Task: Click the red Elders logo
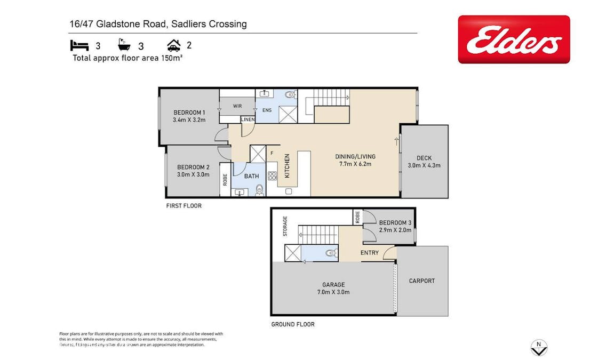pyautogui.click(x=513, y=39)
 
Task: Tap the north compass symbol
pyautogui.click(x=539, y=348)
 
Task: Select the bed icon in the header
pyautogui.click(x=79, y=45)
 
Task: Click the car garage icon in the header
pyautogui.click(x=173, y=45)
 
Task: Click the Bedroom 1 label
pyautogui.click(x=189, y=113)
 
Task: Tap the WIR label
pyautogui.click(x=237, y=106)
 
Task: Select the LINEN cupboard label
pyautogui.click(x=248, y=119)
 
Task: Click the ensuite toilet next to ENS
pyautogui.click(x=290, y=95)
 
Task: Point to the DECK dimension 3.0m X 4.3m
pyautogui.click(x=424, y=165)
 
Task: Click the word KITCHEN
pyautogui.click(x=287, y=166)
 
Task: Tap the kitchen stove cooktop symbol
pyautogui.click(x=272, y=175)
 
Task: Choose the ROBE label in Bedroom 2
pyautogui.click(x=225, y=180)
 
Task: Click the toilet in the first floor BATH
pyautogui.click(x=259, y=189)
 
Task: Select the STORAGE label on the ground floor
pyautogui.click(x=285, y=226)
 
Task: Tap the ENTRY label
pyautogui.click(x=369, y=253)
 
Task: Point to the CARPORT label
pyautogui.click(x=422, y=281)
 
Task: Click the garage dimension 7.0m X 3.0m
pyautogui.click(x=333, y=292)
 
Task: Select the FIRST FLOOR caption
pyautogui.click(x=184, y=205)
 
